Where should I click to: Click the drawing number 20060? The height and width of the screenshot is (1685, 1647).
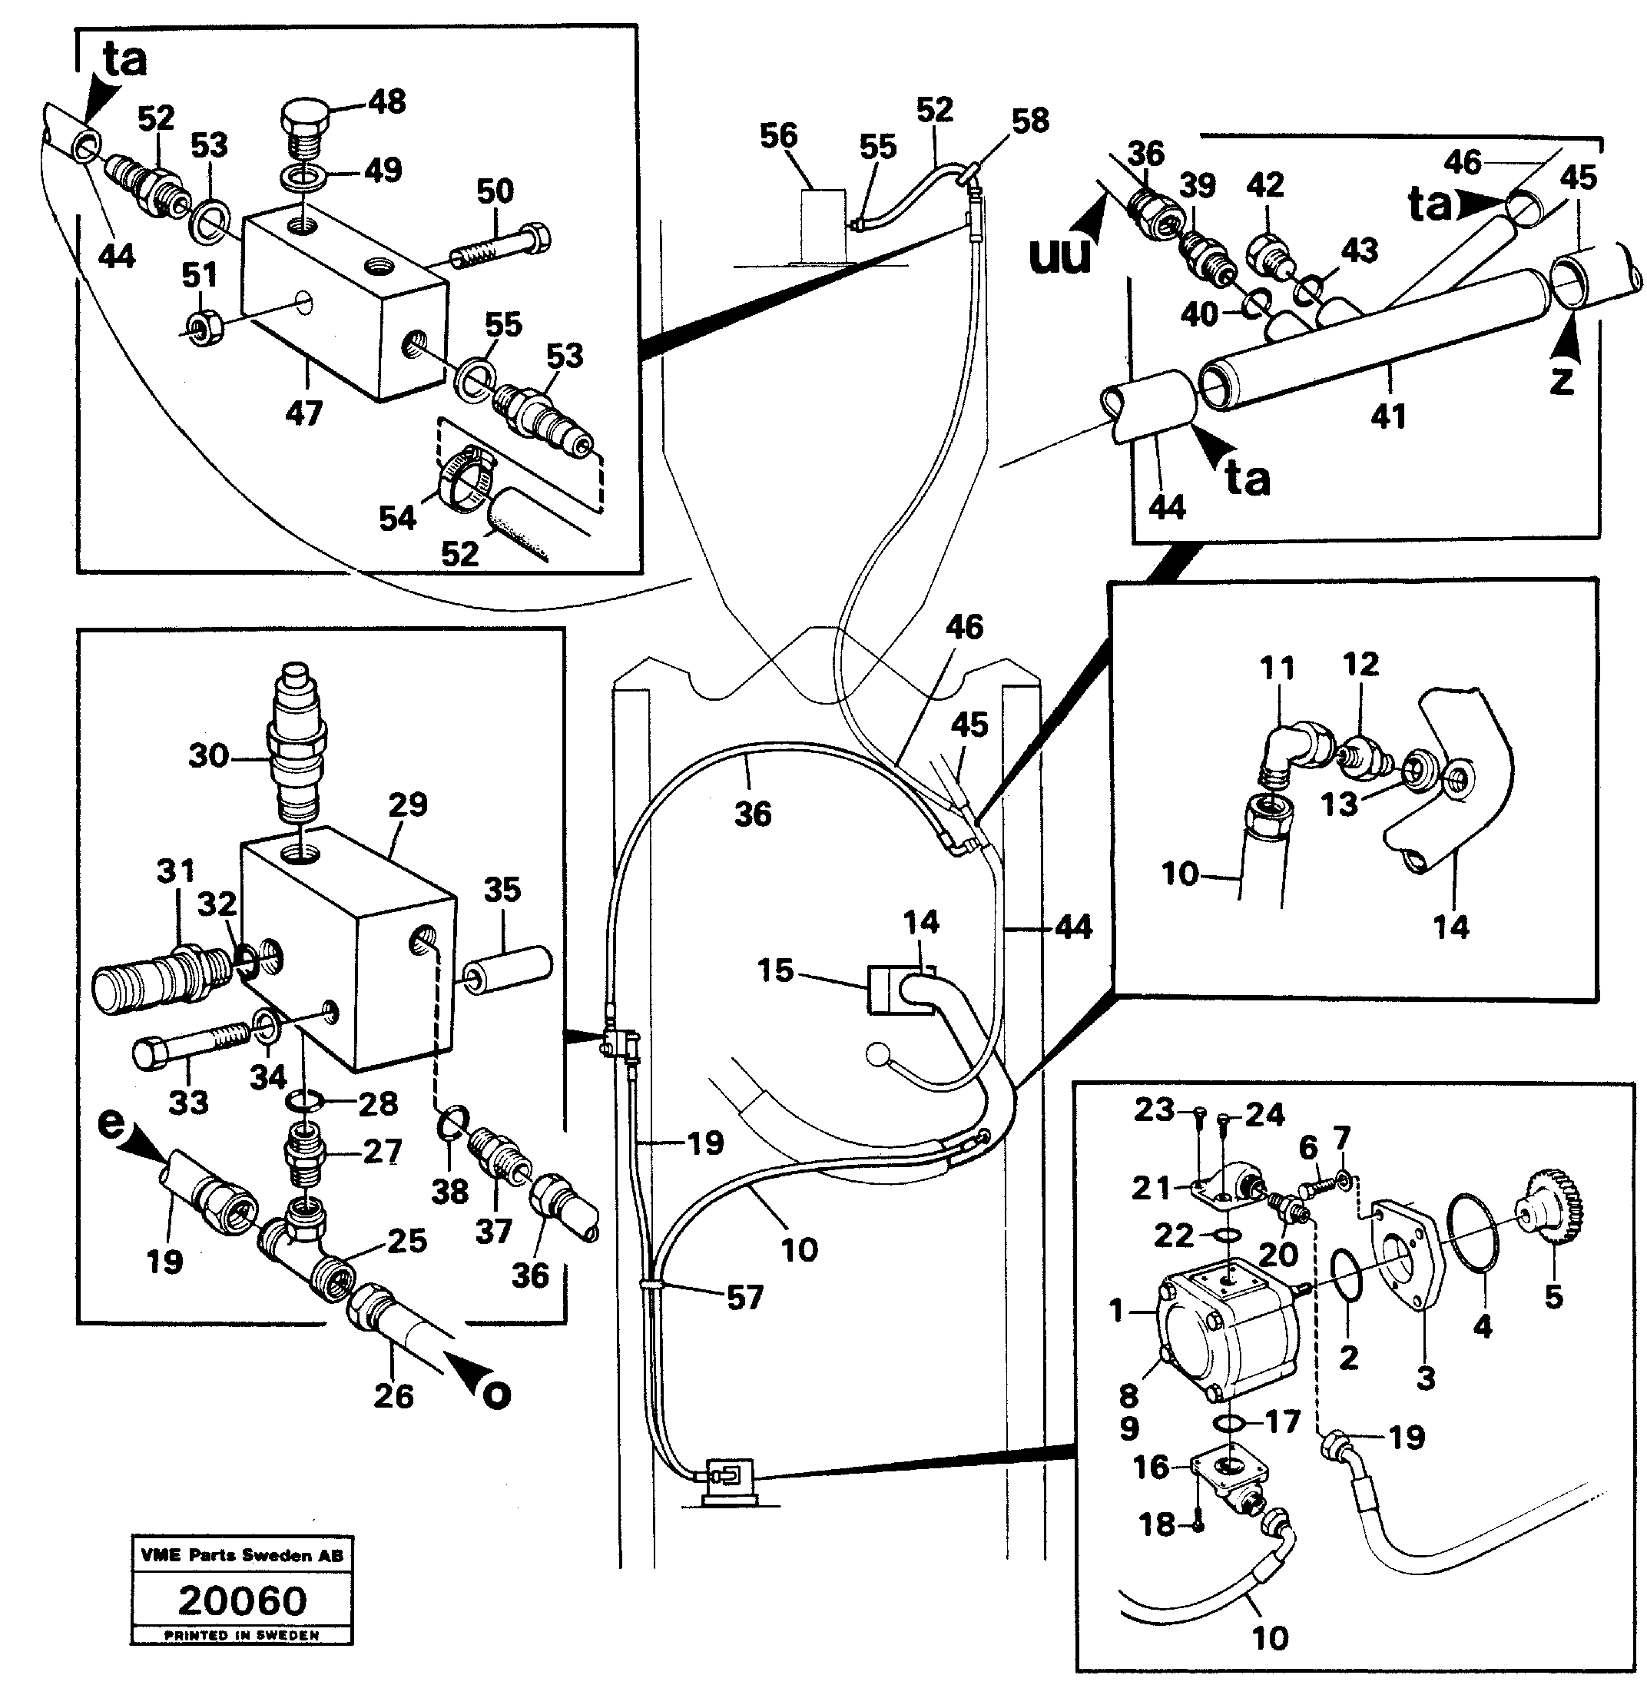pyautogui.click(x=242, y=1601)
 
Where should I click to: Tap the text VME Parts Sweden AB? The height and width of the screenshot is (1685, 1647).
pyautogui.click(x=242, y=1555)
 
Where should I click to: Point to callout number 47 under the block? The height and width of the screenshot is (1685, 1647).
pyautogui.click(x=303, y=413)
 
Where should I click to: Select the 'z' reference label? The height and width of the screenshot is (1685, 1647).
pyautogui.click(x=1562, y=380)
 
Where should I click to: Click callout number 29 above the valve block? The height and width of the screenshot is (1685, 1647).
pyautogui.click(x=407, y=804)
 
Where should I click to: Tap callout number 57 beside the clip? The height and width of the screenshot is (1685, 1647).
pyautogui.click(x=745, y=1297)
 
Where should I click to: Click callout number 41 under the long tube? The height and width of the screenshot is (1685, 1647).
pyautogui.click(x=1388, y=417)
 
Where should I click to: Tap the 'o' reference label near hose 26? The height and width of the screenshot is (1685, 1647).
pyautogui.click(x=495, y=1395)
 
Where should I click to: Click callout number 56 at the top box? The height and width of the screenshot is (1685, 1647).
pyautogui.click(x=778, y=136)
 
